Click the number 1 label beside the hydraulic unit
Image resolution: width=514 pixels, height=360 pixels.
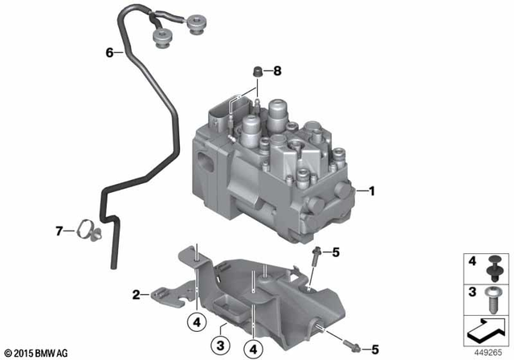tap(372, 191)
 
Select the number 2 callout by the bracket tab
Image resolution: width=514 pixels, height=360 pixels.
tap(137, 294)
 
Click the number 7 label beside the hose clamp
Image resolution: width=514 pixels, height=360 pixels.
tap(59, 231)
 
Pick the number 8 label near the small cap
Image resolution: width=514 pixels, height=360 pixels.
tap(277, 72)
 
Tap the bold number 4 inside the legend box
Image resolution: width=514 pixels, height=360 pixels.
tap(472, 263)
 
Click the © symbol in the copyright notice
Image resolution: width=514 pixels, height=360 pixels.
tap(7, 353)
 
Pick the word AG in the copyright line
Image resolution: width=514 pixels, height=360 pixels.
tap(67, 353)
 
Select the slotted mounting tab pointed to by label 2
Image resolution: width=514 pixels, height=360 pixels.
tap(161, 297)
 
